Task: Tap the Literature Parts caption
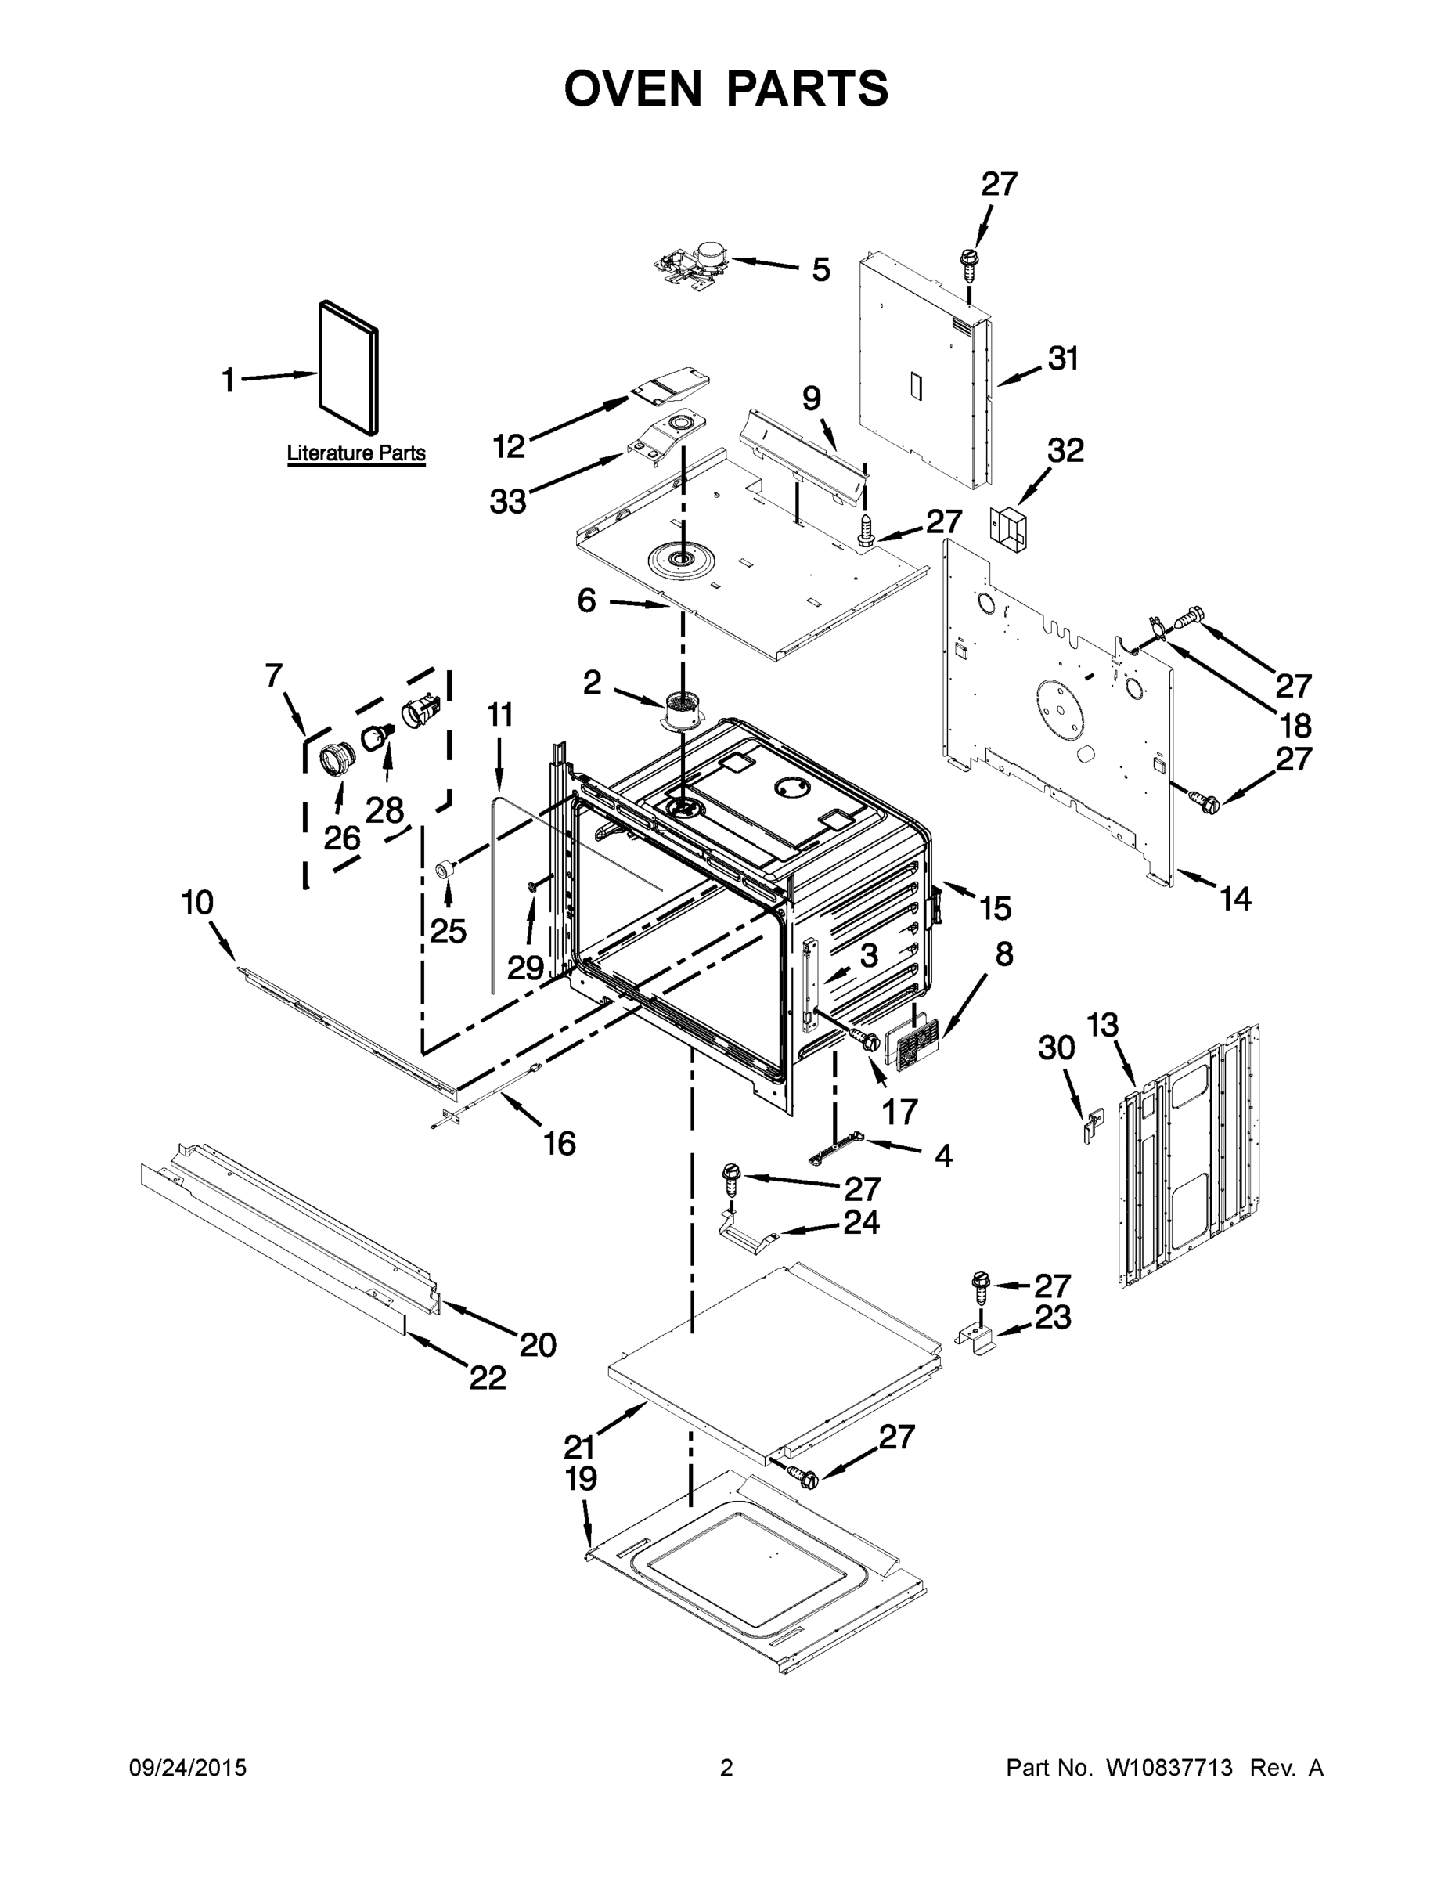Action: pyautogui.click(x=356, y=453)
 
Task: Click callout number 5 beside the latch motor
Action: pyautogui.click(x=820, y=270)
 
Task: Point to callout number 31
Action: pyautogui.click(x=1063, y=359)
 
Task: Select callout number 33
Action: pyautogui.click(x=507, y=501)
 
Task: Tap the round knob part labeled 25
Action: pyautogui.click(x=446, y=867)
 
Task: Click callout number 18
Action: pyautogui.click(x=1295, y=725)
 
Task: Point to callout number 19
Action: pyautogui.click(x=582, y=1479)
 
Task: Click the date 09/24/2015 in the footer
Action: pyautogui.click(x=188, y=1768)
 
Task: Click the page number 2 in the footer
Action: pyautogui.click(x=726, y=1768)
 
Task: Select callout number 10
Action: pyautogui.click(x=197, y=903)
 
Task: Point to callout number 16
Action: pyautogui.click(x=559, y=1143)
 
